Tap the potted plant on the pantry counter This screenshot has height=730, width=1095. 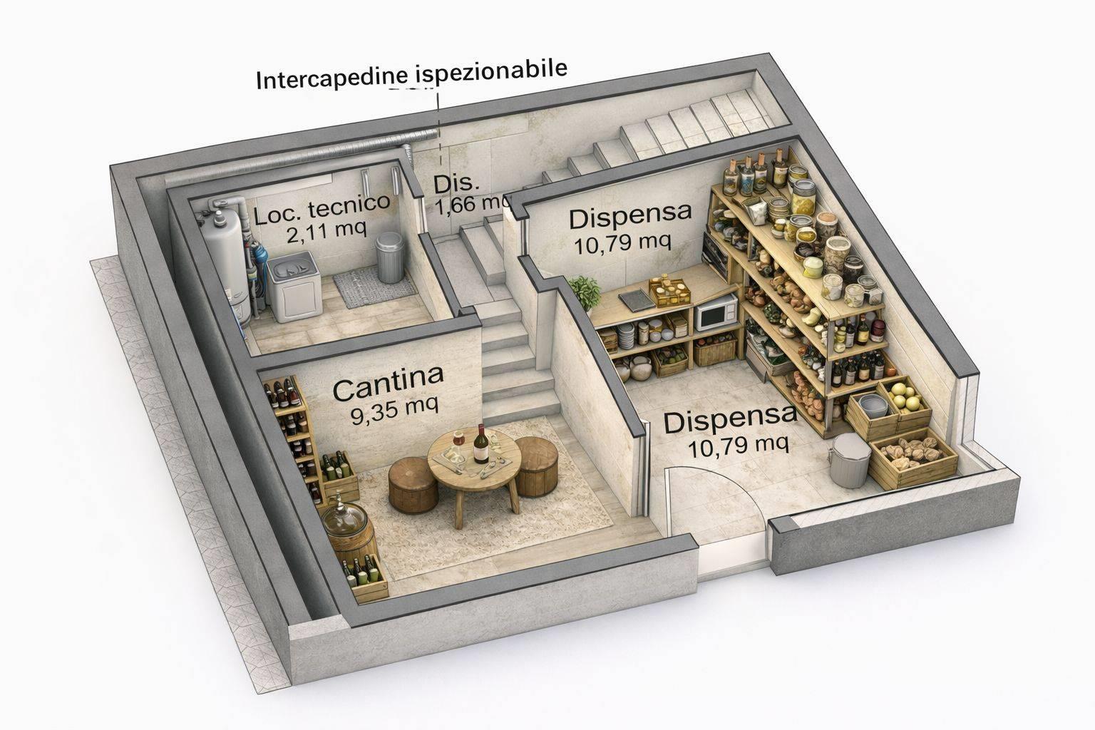(x=585, y=292)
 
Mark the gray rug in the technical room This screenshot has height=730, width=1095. (x=375, y=289)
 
